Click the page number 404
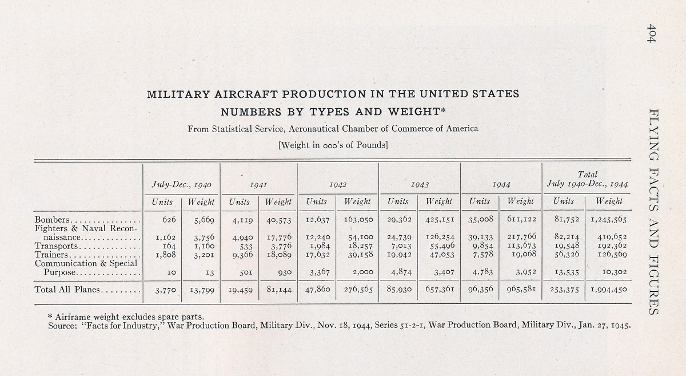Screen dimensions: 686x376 [651, 33]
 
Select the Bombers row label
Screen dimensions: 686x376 [52, 220]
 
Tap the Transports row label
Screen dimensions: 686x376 [57, 246]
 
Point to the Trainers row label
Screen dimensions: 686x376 [51, 255]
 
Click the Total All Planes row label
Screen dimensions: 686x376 [67, 290]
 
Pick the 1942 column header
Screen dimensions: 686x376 [338, 185]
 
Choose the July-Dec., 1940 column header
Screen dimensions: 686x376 [181, 185]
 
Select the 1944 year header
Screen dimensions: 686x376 [501, 185]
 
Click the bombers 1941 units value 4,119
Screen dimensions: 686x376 [242, 220]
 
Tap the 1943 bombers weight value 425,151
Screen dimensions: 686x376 [440, 220]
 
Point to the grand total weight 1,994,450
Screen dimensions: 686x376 [608, 290]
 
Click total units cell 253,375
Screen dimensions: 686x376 [564, 290]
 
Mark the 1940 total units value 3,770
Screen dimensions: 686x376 [166, 290]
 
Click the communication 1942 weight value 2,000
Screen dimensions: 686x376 [363, 272]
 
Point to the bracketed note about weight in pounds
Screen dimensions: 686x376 [333, 145]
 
